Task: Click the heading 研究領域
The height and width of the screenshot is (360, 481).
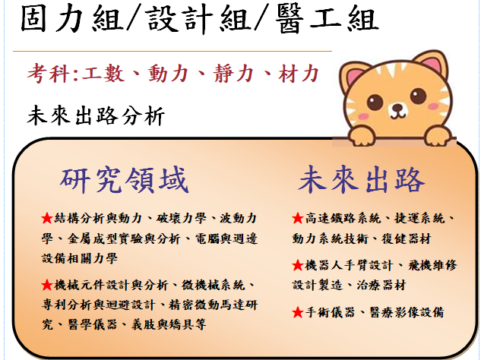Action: pos(124,180)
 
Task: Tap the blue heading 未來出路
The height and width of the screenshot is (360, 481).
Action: pos(362,179)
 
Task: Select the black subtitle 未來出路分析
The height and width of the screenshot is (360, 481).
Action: pos(96,116)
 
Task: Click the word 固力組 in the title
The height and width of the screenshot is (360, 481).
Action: pos(71,19)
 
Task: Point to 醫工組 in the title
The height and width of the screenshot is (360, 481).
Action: pos(327,19)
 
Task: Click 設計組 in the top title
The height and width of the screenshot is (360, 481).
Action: pos(198,19)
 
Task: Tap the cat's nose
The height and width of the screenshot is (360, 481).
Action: pos(398,107)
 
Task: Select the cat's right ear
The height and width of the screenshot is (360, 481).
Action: pos(431,64)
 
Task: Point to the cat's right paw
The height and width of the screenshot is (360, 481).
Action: pos(438,136)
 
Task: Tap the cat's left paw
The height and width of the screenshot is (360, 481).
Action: pos(362,136)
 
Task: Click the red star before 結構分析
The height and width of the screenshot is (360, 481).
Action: pos(47,218)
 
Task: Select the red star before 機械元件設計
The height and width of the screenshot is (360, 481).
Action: pos(47,285)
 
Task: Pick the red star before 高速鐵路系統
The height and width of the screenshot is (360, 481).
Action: pos(298,218)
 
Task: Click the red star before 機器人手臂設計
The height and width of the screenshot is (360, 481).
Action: pos(298,265)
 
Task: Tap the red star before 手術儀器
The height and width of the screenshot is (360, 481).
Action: pos(298,313)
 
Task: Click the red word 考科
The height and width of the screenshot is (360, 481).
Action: pos(49,74)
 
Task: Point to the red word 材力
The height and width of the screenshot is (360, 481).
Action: pos(299,74)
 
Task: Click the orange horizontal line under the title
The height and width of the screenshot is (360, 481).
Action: pos(172,51)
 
